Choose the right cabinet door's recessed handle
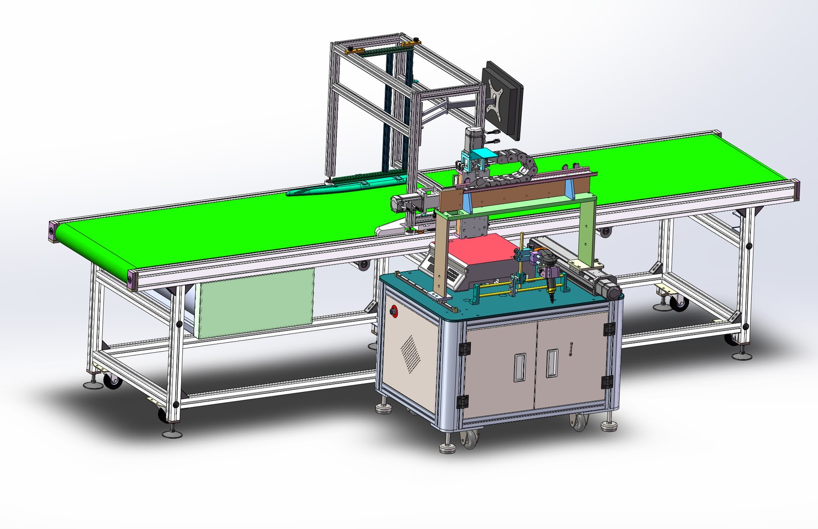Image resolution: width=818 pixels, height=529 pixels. pyautogui.click(x=552, y=363)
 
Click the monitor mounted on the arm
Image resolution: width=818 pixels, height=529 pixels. pyautogui.click(x=503, y=100)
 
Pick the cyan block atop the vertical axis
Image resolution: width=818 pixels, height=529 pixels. pyautogui.click(x=483, y=156)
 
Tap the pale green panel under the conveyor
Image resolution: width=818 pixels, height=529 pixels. pyautogui.click(x=255, y=304)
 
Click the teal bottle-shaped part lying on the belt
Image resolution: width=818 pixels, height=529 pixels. pyautogui.click(x=343, y=186)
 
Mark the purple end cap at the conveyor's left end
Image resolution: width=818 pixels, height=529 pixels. pyautogui.click(x=52, y=231)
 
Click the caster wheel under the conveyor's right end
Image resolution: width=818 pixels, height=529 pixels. pyautogui.click(x=678, y=304)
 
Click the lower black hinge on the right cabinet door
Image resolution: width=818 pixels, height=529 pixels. pyautogui.click(x=607, y=382)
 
